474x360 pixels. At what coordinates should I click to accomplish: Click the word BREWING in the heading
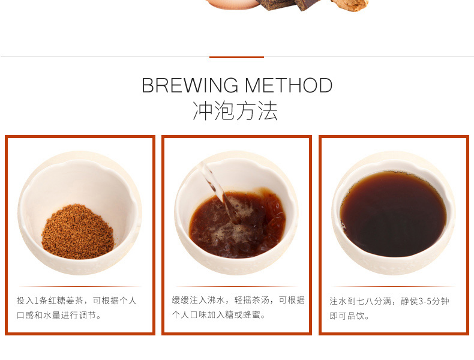tap(190, 85)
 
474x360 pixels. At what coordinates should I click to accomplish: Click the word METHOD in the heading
tap(289, 85)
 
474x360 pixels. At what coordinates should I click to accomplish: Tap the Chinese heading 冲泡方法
tap(235, 111)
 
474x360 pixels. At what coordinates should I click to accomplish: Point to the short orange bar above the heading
tap(236, 57)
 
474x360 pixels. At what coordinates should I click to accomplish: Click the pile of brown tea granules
tap(78, 232)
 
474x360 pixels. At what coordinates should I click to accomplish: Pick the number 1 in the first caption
tap(37, 301)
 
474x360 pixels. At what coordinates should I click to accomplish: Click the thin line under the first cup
tap(80, 286)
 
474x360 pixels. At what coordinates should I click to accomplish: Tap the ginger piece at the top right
tap(350, 5)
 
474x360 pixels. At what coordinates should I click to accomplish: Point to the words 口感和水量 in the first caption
tap(38, 316)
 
